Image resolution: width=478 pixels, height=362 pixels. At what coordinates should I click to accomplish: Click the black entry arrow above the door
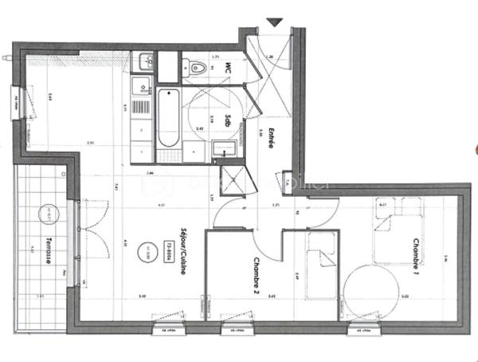(x=275, y=22)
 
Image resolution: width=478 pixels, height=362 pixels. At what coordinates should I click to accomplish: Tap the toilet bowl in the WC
(x=196, y=69)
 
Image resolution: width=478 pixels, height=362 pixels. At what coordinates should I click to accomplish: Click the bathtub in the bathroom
(x=169, y=119)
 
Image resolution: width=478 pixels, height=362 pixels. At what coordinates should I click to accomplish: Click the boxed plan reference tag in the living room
(x=169, y=246)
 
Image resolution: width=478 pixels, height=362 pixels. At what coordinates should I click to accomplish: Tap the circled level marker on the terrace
(x=45, y=214)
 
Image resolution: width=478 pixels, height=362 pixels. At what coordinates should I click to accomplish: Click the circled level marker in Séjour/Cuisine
(x=148, y=249)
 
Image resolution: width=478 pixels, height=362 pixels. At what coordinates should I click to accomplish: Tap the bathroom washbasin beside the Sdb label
(x=224, y=149)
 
